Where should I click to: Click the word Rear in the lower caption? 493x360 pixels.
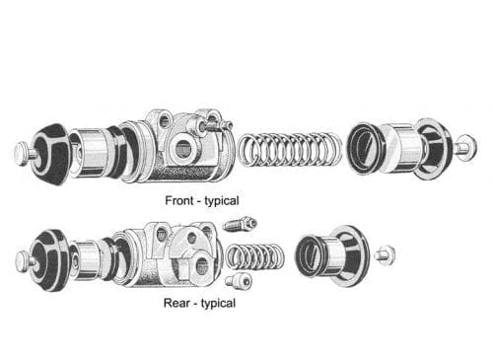click(x=176, y=303)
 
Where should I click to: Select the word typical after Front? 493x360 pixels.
click(x=221, y=200)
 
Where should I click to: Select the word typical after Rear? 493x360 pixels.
click(x=216, y=303)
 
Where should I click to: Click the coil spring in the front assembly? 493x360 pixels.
click(x=288, y=150)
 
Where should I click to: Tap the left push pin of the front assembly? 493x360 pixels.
click(x=22, y=152)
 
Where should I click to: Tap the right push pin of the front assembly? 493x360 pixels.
click(x=464, y=147)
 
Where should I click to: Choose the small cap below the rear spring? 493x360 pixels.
click(x=239, y=281)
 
